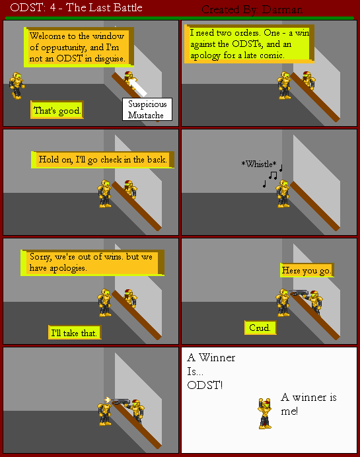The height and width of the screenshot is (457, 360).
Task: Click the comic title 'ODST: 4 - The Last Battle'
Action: tap(72, 9)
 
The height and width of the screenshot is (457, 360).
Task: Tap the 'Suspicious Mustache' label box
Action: tap(147, 109)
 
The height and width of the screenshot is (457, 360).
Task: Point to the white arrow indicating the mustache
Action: tap(139, 86)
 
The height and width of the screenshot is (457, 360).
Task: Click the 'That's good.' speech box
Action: tap(57, 110)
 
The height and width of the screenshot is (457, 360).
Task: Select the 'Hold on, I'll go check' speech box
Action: tap(103, 160)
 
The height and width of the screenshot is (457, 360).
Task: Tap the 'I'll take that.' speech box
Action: tap(75, 333)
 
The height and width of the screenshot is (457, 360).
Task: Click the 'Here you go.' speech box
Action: tap(307, 271)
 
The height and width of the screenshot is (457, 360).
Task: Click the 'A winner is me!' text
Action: tap(308, 404)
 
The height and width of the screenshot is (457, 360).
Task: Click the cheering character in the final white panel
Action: tap(265, 413)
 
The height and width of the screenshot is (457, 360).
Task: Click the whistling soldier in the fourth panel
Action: tap(283, 193)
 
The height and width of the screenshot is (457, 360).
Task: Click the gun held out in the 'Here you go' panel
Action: tap(299, 293)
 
